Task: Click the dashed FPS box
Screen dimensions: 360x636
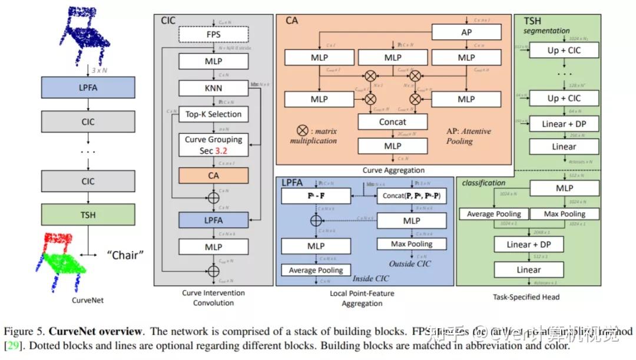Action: (213, 34)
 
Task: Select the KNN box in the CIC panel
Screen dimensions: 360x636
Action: (213, 88)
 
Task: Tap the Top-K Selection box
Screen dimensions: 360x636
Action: (213, 114)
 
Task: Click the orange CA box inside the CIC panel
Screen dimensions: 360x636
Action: (213, 175)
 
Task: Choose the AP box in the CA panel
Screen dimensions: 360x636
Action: (466, 32)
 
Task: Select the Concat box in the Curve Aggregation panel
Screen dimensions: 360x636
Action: (392, 122)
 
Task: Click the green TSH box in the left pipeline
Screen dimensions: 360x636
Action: (88, 216)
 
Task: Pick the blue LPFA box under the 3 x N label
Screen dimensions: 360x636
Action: (88, 87)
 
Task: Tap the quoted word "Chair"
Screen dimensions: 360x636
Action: (125, 255)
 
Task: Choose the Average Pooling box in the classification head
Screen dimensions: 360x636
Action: (493, 214)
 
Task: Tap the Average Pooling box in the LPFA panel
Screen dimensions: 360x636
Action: (316, 270)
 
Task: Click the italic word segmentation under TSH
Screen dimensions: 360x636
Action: (547, 31)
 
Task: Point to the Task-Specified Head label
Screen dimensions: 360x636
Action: (526, 298)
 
